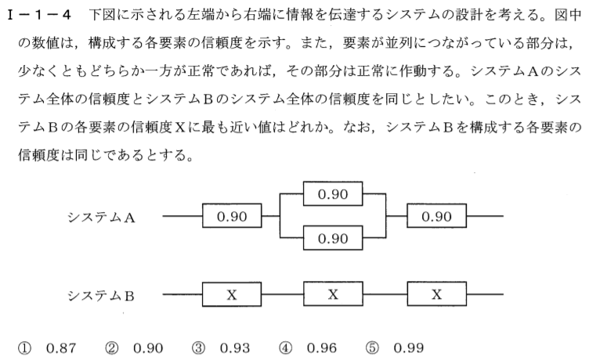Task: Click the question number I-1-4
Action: tap(39, 15)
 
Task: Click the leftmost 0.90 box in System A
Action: tap(232, 216)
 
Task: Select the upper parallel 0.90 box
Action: tap(333, 194)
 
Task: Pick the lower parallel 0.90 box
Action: tap(333, 238)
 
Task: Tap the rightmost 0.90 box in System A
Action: tap(436, 216)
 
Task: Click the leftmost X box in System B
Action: tap(232, 294)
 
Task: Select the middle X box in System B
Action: tap(333, 294)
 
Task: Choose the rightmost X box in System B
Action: tap(436, 294)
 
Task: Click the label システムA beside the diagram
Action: tap(101, 218)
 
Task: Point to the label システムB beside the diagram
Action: tap(101, 296)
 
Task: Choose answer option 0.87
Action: tap(61, 348)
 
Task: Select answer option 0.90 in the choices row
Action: tap(148, 348)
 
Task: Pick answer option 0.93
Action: tap(235, 348)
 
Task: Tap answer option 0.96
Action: tap(322, 348)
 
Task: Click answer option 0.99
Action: tap(409, 348)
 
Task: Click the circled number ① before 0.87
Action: tap(25, 348)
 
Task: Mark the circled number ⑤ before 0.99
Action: tap(372, 348)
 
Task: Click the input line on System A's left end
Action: tap(182, 216)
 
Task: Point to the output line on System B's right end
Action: tap(485, 294)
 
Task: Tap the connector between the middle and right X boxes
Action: tap(385, 294)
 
